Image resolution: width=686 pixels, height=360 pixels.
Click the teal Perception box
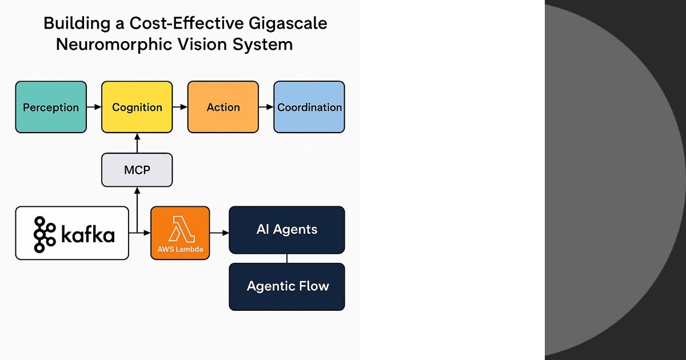pos(51,107)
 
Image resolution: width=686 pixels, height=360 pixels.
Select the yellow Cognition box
pos(137,107)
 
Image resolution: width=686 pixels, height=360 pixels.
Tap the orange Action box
pos(223,107)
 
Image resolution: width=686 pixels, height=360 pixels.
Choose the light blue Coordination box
pos(309,107)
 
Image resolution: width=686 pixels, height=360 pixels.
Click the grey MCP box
pos(137,170)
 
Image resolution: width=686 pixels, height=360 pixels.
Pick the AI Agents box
pos(287,230)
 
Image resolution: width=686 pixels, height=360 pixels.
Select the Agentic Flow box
pos(287,287)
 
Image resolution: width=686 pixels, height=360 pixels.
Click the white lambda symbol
pos(181,229)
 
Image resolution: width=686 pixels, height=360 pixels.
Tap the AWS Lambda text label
pos(180,249)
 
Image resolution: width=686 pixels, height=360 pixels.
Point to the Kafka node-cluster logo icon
pos(45,234)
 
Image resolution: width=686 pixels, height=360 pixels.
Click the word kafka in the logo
pos(88,234)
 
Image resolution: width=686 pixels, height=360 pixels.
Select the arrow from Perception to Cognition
pos(94,107)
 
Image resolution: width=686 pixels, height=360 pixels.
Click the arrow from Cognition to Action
pos(180,107)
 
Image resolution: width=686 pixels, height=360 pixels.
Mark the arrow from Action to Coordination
pos(266,107)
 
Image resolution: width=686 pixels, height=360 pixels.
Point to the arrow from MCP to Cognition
pos(137,143)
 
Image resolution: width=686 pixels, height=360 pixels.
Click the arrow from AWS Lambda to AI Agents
pos(220,233)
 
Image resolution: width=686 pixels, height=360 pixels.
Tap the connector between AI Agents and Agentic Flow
pos(287,258)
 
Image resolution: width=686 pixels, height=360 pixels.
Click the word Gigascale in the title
pos(288,24)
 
